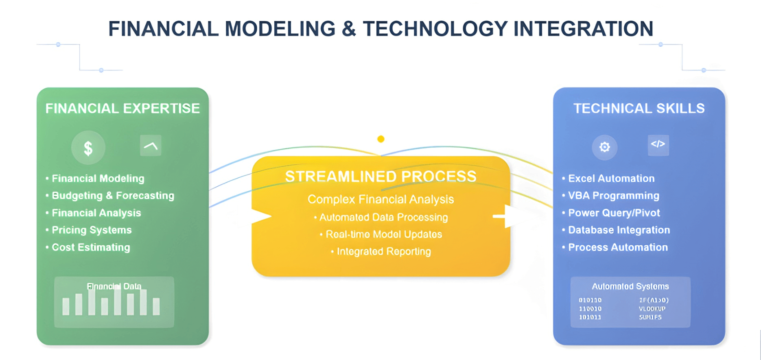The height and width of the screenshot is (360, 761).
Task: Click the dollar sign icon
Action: pyautogui.click(x=88, y=148)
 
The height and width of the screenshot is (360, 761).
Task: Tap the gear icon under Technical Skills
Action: pyautogui.click(x=605, y=147)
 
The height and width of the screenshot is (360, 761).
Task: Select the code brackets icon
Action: pyautogui.click(x=658, y=144)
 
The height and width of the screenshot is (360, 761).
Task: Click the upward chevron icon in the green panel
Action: pyautogui.click(x=151, y=146)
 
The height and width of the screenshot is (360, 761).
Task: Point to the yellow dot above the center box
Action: pyautogui.click(x=381, y=139)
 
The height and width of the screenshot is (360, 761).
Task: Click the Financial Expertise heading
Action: pyautogui.click(x=122, y=109)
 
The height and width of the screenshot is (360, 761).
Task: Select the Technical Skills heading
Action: pyautogui.click(x=639, y=109)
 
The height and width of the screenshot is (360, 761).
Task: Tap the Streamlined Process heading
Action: pyautogui.click(x=380, y=177)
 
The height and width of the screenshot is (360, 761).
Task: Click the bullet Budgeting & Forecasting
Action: pyautogui.click(x=113, y=196)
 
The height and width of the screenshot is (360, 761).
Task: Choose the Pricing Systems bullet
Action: pyautogui.click(x=92, y=230)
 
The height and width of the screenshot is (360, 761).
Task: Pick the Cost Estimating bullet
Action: pyautogui.click(x=91, y=247)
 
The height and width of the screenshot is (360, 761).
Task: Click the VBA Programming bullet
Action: pyautogui.click(x=613, y=196)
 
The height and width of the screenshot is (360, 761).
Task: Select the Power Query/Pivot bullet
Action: pyautogui.click(x=614, y=213)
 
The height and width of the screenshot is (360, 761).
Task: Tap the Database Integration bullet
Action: pyautogui.click(x=619, y=230)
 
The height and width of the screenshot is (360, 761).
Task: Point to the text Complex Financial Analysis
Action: pyautogui.click(x=380, y=199)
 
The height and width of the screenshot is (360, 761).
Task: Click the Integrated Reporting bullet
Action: pyautogui.click(x=383, y=251)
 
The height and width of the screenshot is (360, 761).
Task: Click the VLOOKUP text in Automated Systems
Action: pyautogui.click(x=652, y=309)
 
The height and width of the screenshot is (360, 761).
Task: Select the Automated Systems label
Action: pyautogui.click(x=630, y=286)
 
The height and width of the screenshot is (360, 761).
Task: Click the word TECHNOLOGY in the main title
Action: pyautogui.click(x=435, y=29)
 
